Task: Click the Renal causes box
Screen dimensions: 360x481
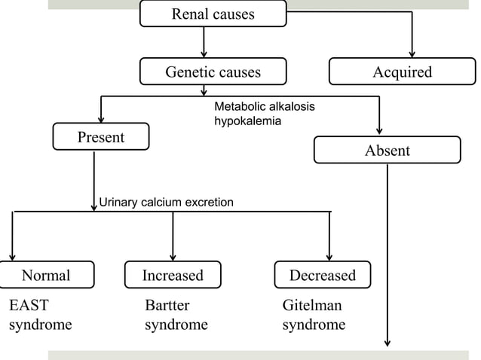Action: pyautogui.click(x=213, y=14)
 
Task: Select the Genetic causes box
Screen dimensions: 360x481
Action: pyautogui.click(x=213, y=72)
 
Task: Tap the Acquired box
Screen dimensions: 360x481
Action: pyautogui.click(x=402, y=72)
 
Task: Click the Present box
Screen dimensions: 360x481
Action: pyautogui.click(x=100, y=136)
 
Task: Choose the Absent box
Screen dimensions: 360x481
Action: pyautogui.click(x=387, y=150)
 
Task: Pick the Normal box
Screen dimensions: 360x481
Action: pyautogui.click(x=46, y=275)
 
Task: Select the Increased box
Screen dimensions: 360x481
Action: pyautogui.click(x=173, y=275)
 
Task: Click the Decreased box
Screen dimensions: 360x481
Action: pyautogui.click(x=322, y=275)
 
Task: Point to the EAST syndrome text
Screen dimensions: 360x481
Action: pyautogui.click(x=40, y=316)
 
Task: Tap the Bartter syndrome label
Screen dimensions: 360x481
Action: pyautogui.click(x=176, y=316)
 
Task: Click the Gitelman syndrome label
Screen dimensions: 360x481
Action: pyautogui.click(x=314, y=316)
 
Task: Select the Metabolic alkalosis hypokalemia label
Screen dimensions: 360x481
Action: pyautogui.click(x=264, y=114)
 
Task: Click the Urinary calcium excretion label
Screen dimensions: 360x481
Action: pyautogui.click(x=166, y=202)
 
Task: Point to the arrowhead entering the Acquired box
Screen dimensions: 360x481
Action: pyautogui.click(x=412, y=53)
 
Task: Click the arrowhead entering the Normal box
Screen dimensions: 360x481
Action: pyautogui.click(x=13, y=256)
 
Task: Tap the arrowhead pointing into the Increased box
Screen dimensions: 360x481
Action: pyautogui.click(x=173, y=256)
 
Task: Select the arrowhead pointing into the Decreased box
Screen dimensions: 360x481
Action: pyautogui.click(x=329, y=256)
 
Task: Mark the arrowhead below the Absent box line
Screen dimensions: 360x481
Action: pyautogui.click(x=388, y=342)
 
